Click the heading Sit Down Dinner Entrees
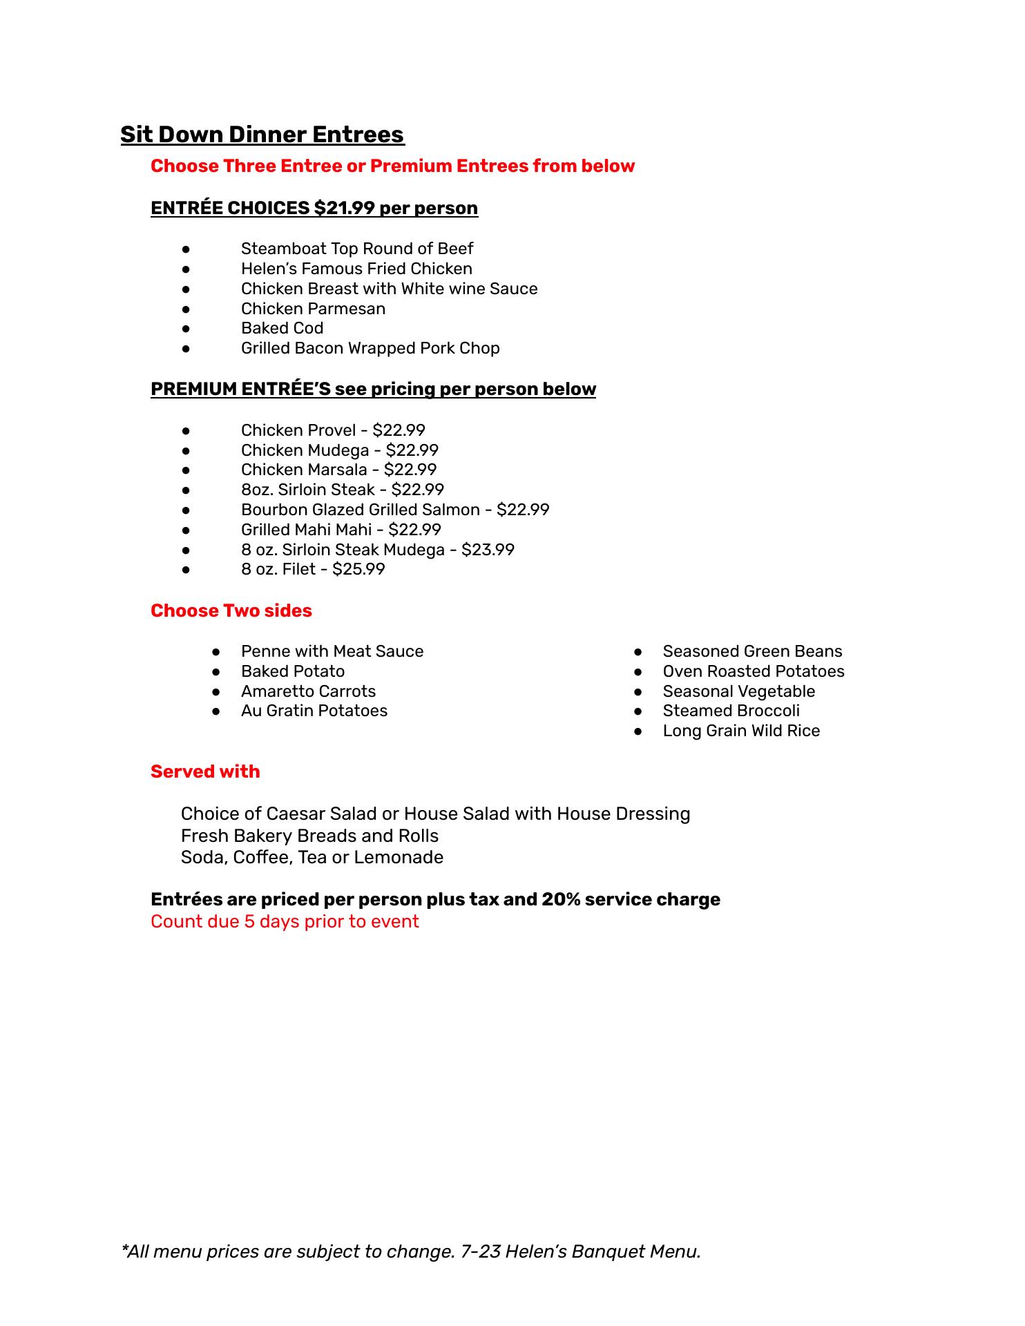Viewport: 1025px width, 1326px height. [262, 134]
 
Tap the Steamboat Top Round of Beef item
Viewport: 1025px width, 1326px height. [356, 249]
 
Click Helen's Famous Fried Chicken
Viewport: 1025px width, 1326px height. [356, 269]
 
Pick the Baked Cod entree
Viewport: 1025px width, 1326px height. [282, 328]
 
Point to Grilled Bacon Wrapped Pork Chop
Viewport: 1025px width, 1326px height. [370, 348]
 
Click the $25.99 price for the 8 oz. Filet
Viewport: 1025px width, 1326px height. [358, 569]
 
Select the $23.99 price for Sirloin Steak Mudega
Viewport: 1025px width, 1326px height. [488, 550]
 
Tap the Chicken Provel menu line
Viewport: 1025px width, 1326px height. [333, 430]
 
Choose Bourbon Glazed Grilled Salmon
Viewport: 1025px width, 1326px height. [395, 510]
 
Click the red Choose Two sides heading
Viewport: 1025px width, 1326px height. [231, 611]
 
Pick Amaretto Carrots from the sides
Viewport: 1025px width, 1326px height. [308, 691]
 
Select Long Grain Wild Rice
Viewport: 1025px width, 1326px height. [741, 731]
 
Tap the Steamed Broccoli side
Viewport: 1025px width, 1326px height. [731, 711]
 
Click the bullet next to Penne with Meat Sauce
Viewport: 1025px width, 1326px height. [216, 651]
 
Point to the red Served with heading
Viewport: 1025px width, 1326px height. [205, 771]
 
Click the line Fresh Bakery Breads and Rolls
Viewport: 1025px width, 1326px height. [309, 836]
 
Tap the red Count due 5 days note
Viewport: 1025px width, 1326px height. [285, 921]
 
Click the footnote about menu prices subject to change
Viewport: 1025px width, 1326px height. [411, 1251]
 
